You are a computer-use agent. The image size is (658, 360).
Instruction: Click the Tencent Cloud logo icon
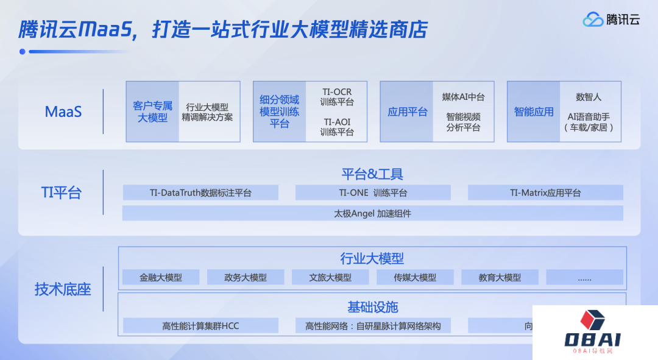(593, 19)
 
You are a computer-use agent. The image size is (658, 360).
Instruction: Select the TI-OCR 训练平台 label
(337, 97)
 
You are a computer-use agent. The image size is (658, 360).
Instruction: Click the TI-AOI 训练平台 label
(337, 127)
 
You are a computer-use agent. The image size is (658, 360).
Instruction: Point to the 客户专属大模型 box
(153, 111)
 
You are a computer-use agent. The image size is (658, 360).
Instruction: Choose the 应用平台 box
(406, 111)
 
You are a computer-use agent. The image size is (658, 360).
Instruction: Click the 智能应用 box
(534, 111)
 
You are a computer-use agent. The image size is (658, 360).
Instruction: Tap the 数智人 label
(589, 97)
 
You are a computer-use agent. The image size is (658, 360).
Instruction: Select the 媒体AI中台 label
(463, 97)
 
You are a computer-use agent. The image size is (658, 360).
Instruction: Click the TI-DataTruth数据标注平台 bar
(200, 192)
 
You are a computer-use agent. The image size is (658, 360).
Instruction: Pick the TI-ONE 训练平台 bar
(373, 192)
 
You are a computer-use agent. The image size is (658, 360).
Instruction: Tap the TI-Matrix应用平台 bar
(545, 192)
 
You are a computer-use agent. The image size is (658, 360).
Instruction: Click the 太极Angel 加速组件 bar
(373, 213)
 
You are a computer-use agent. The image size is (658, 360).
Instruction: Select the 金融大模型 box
(161, 277)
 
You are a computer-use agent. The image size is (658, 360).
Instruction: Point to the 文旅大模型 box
(330, 277)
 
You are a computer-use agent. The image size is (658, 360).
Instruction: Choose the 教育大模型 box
(500, 277)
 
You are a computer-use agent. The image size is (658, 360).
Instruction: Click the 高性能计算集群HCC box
(200, 326)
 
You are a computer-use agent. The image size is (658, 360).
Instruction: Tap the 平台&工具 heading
(372, 174)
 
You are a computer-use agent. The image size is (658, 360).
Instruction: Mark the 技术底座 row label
(63, 289)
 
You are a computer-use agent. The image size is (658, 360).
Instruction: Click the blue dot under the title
(23, 52)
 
